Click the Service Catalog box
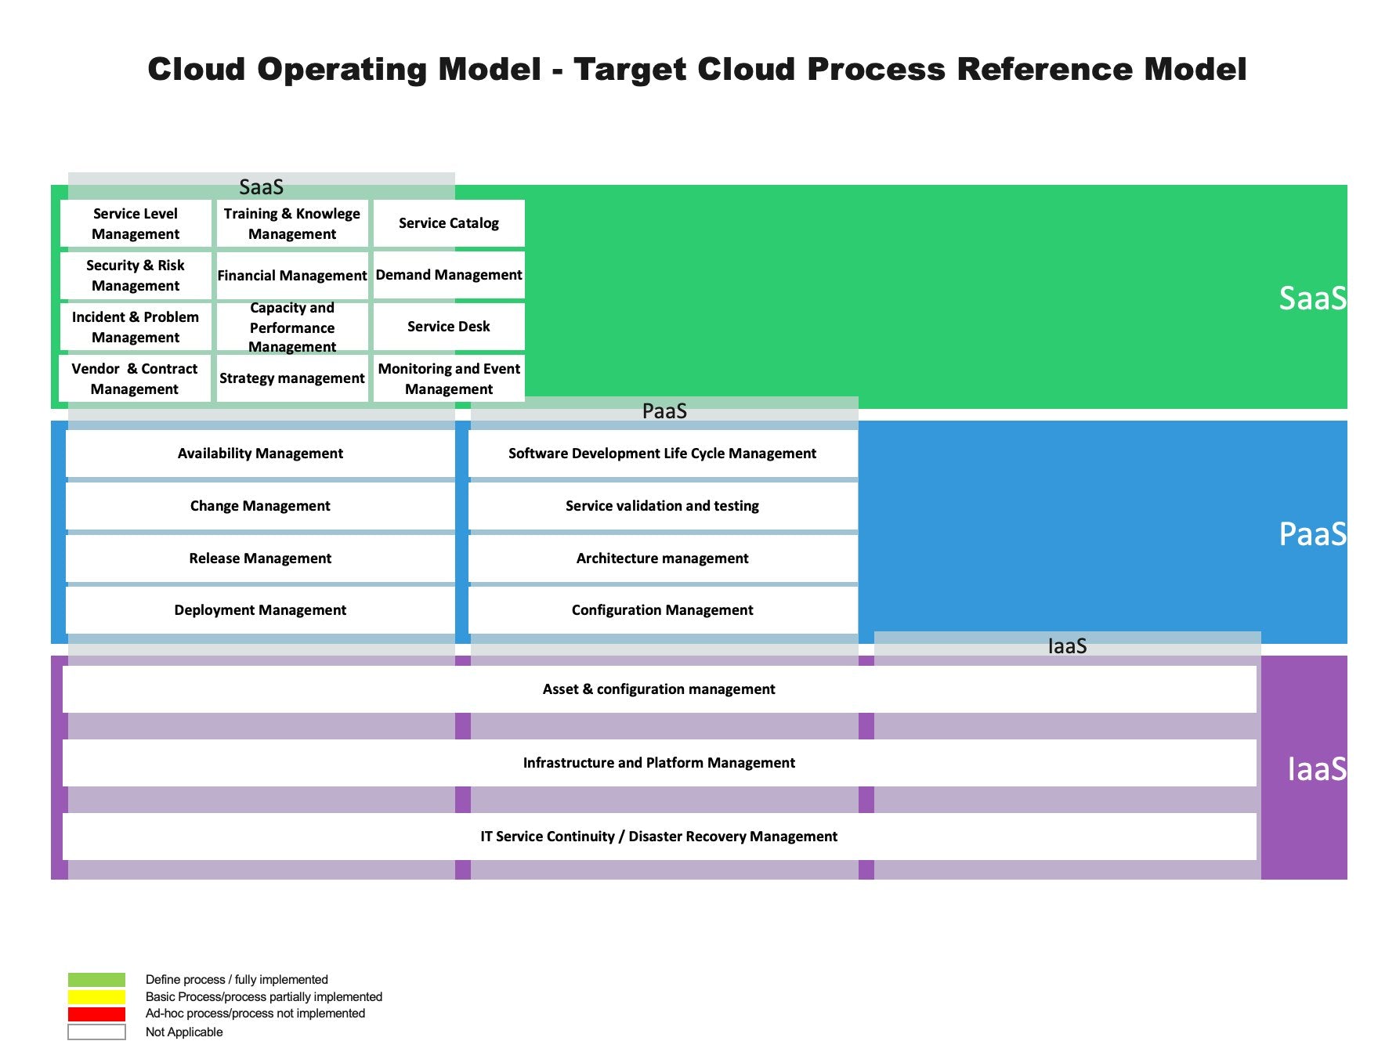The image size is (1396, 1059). click(x=449, y=223)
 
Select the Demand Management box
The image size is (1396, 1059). click(x=449, y=275)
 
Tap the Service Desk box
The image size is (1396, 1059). click(x=449, y=327)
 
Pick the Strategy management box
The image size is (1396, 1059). click(x=292, y=378)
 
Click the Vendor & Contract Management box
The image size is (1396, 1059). click(x=135, y=378)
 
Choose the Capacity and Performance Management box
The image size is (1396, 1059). click(x=292, y=327)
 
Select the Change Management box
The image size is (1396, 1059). click(x=260, y=506)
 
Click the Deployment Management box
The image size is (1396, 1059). click(x=260, y=610)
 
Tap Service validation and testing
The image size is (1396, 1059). click(x=663, y=506)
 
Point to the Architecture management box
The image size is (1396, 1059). click(x=663, y=558)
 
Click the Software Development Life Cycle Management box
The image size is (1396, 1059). click(x=663, y=454)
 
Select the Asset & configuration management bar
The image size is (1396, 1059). click(x=659, y=689)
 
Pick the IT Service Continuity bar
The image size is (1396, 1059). click(x=659, y=837)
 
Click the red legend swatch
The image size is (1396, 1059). click(x=96, y=1014)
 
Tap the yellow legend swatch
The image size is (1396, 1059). click(x=96, y=997)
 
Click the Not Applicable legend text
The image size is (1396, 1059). click(x=184, y=1032)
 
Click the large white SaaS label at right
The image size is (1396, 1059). click(x=1312, y=298)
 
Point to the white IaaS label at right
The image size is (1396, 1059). click(x=1316, y=769)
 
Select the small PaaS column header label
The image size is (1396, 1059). click(x=664, y=411)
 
